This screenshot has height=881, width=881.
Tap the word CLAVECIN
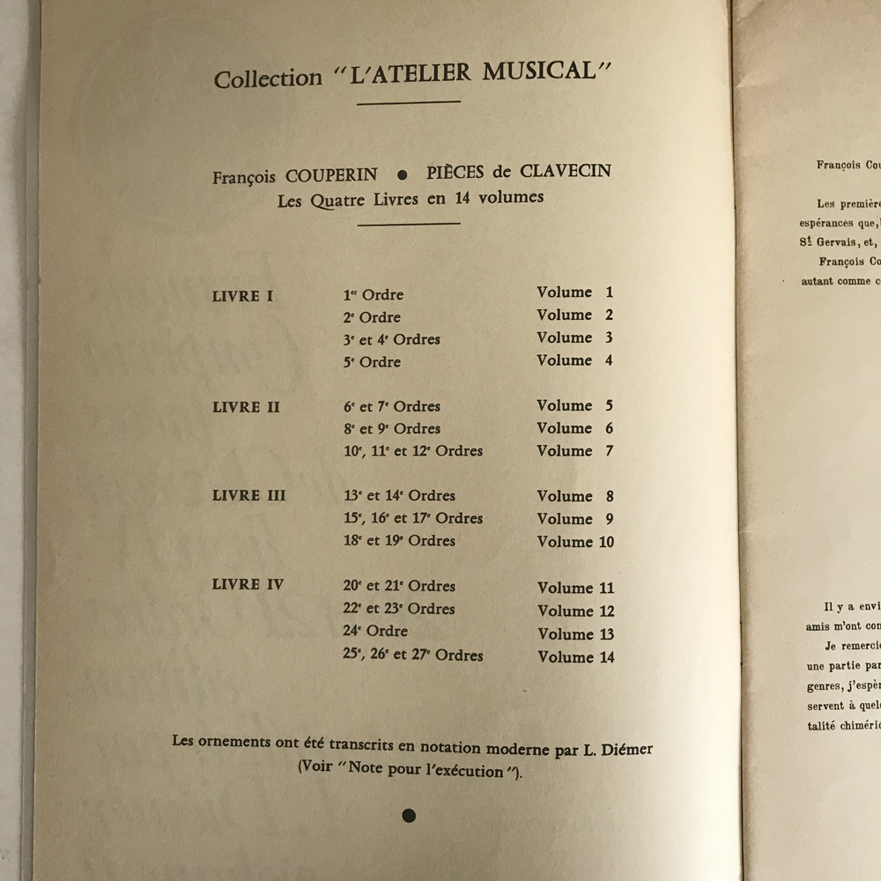point(564,170)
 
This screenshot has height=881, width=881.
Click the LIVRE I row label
point(243,296)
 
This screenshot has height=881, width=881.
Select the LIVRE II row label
point(248,408)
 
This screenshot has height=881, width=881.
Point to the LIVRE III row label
point(249,496)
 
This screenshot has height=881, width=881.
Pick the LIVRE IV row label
point(248,585)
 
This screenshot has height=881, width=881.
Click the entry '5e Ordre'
point(372,362)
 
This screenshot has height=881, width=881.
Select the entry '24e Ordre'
point(375,631)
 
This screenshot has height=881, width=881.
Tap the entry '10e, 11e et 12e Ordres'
point(413,451)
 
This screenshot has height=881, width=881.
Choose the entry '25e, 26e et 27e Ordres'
point(413,655)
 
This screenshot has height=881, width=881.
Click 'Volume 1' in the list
point(575,292)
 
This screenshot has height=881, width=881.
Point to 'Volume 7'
point(575,451)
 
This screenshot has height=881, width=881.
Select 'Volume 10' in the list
point(575,542)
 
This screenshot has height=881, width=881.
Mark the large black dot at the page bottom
point(409,816)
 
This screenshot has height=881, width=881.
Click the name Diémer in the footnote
point(627,749)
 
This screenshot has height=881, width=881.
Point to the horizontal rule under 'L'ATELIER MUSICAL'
point(409,102)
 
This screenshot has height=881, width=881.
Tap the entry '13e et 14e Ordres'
point(399,496)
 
